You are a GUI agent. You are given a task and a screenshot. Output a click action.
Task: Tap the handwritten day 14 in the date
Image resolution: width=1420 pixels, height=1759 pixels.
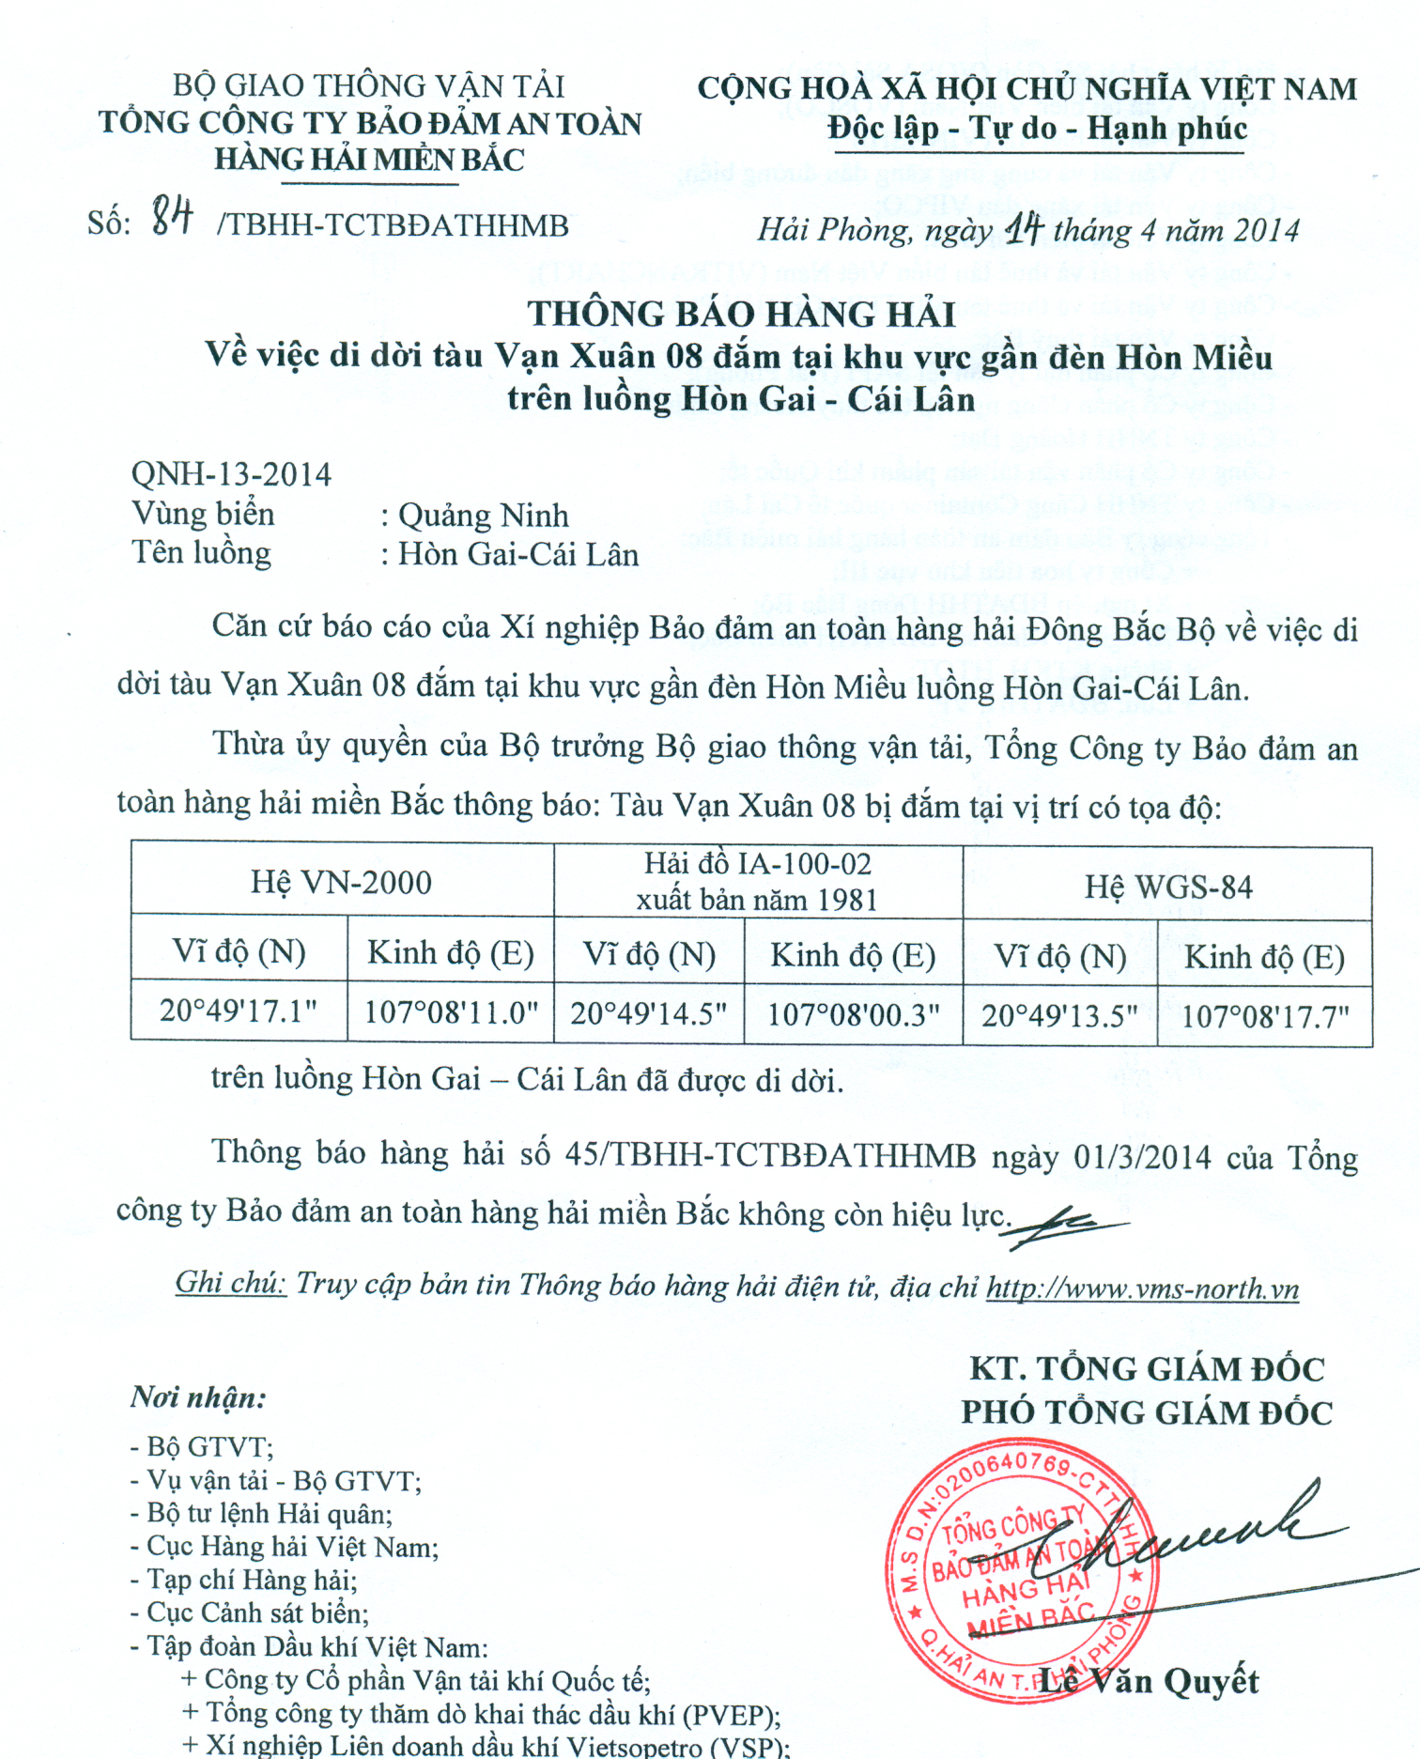click(1024, 228)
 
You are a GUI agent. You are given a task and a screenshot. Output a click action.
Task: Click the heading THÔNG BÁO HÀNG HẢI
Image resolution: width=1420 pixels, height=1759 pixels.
click(741, 314)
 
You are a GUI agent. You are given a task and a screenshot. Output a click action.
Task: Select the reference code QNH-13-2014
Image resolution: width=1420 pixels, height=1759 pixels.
click(231, 474)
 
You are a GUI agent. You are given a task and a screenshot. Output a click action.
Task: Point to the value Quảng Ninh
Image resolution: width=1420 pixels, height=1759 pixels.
click(483, 516)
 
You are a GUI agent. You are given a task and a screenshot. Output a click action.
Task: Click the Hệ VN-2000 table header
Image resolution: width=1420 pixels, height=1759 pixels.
click(341, 882)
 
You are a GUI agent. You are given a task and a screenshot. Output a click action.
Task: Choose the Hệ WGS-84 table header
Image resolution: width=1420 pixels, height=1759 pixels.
click(1167, 887)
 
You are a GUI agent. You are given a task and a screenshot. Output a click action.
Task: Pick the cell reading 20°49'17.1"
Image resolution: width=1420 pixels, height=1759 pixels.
click(239, 1011)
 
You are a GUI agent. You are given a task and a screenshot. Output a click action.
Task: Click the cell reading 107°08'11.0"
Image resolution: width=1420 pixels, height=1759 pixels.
click(451, 1012)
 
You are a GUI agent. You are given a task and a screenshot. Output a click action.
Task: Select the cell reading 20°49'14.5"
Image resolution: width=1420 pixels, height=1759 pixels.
click(649, 1013)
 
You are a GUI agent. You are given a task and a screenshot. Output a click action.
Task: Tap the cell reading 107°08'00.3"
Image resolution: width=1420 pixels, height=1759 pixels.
click(853, 1014)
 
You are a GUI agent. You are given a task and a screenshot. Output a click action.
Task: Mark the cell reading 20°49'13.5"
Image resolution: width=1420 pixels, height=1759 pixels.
click(1059, 1015)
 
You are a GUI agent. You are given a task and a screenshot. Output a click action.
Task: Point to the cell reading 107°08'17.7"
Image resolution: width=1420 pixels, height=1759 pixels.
click(1264, 1016)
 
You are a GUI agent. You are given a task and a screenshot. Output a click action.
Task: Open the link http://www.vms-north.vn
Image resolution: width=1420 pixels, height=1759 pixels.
click(1142, 1288)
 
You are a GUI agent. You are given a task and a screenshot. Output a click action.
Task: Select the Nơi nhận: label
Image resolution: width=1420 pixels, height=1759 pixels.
click(198, 1397)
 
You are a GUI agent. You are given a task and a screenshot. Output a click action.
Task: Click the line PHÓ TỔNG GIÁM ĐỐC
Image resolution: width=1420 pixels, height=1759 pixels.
click(1146, 1412)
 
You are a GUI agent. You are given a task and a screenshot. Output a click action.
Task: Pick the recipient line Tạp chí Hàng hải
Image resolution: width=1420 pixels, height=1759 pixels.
click(244, 1580)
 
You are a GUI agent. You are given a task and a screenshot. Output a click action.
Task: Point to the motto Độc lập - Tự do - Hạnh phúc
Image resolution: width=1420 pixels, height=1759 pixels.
click(1037, 129)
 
